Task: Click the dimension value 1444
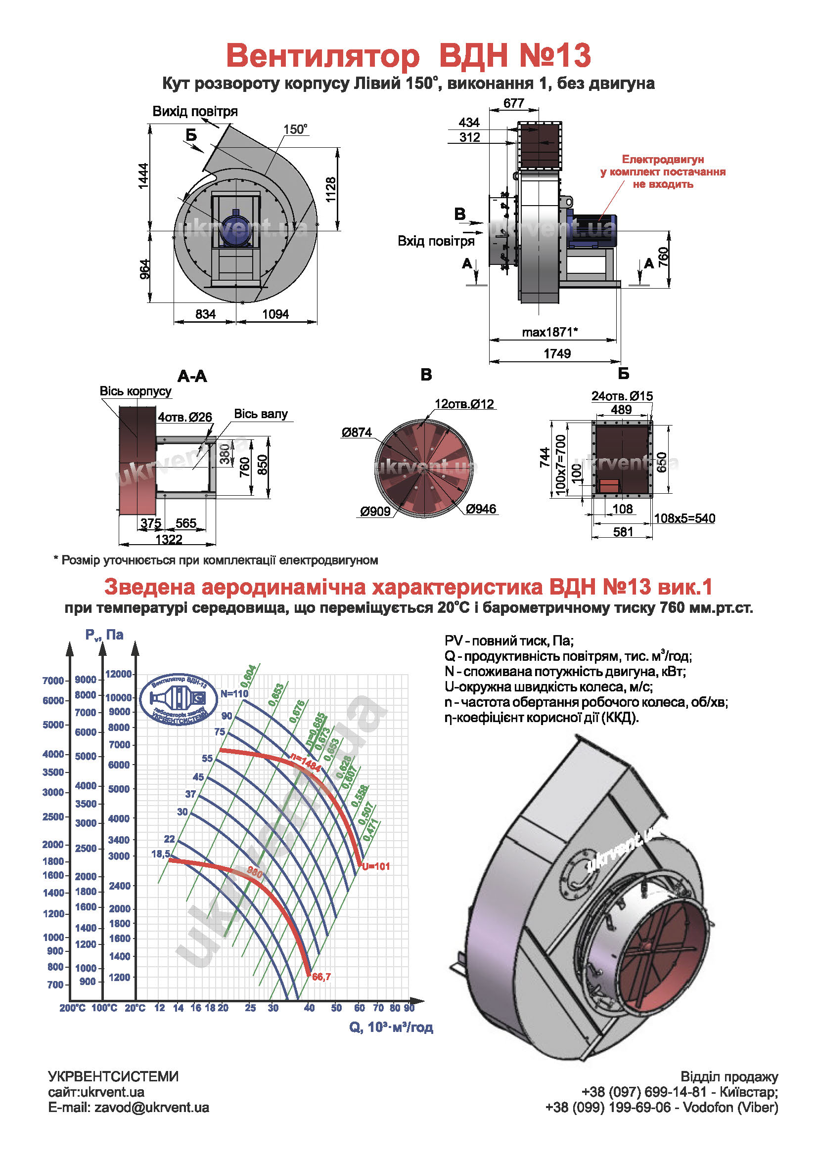pos(143,176)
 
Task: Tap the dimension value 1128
pos(330,189)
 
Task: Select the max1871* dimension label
pos(549,332)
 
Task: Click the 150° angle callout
pos(295,129)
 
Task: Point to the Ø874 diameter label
pos(357,432)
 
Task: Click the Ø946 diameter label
pos(481,509)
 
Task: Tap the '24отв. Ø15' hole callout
pos(622,396)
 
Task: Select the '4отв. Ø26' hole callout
pos(185,417)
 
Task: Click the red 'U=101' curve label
pos(376,866)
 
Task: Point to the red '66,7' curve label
pos(321,977)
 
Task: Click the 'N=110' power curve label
pos(234,693)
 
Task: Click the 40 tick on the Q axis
pos(309,1008)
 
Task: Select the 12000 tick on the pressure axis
pos(118,674)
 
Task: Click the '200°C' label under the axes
pos(73,1008)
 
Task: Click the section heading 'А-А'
pos(192,376)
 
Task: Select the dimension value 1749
pos(557,353)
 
